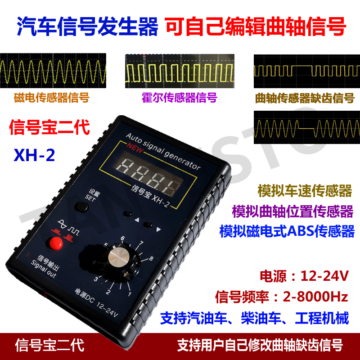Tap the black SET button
81,207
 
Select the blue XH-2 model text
34,155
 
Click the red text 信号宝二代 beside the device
49,127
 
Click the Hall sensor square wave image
179,72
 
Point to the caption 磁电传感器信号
51,98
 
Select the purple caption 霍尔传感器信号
179,98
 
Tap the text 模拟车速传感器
305,191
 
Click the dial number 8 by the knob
151,259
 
